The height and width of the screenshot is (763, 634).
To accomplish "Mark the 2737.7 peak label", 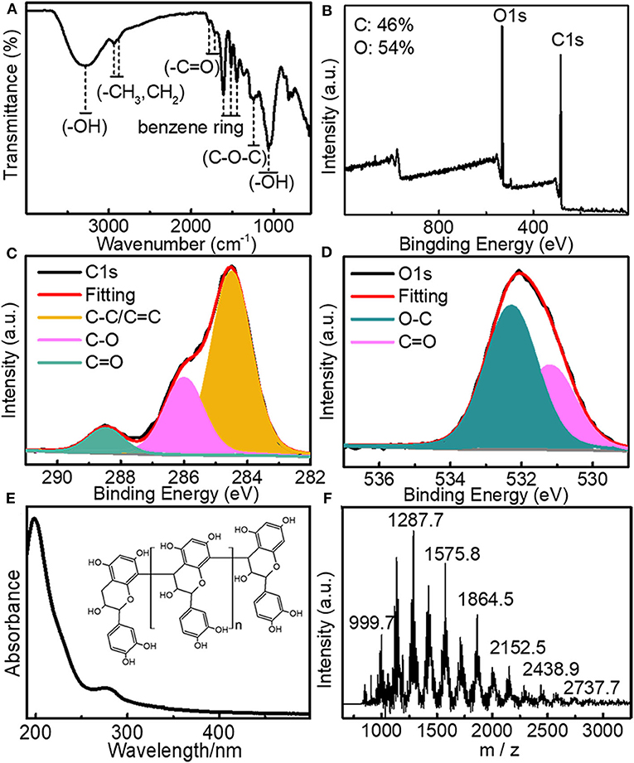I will click(588, 687).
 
